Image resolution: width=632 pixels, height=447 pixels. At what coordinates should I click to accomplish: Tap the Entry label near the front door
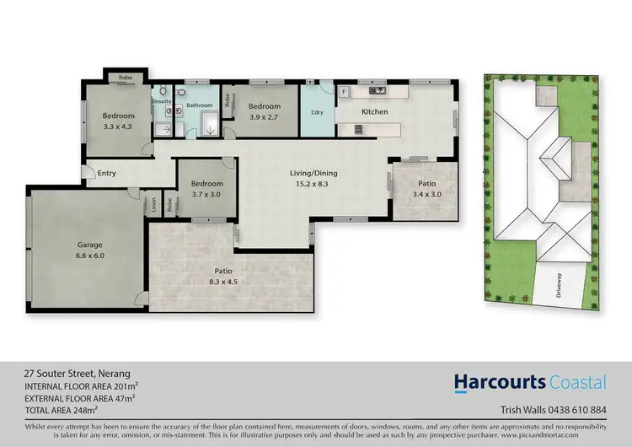pos(106,174)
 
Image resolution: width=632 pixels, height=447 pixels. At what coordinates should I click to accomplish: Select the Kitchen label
pos(374,111)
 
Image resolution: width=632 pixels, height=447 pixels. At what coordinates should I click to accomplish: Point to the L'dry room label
pos(318,112)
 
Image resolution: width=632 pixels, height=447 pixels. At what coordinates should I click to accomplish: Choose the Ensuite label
pos(162,101)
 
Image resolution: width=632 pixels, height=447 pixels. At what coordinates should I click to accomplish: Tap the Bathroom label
pos(200,105)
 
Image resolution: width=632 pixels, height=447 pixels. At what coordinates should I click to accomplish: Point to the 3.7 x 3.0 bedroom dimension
pos(206,194)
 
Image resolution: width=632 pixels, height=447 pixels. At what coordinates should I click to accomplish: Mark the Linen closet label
pos(155,204)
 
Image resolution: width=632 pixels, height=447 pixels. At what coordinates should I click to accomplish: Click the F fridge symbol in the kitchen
pos(344,89)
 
